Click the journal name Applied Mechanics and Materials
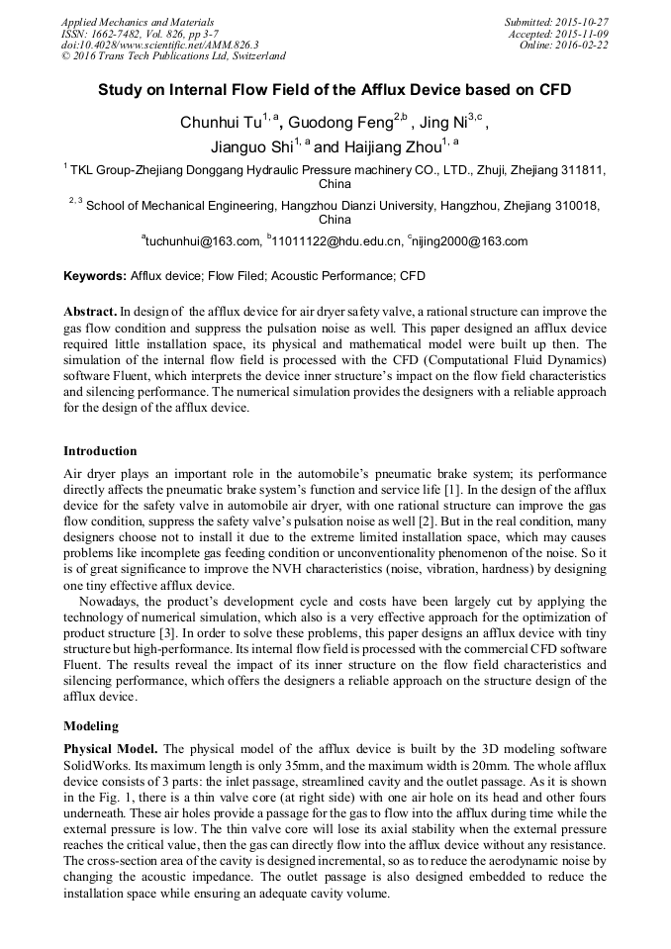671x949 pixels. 137,22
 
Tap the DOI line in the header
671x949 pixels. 159,45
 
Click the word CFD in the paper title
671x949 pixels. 554,89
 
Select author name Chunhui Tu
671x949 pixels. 219,124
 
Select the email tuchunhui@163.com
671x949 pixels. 203,240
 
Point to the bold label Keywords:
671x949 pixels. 95,276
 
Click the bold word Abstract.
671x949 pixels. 91,311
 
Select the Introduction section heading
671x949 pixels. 100,451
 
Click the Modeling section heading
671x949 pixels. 91,725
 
